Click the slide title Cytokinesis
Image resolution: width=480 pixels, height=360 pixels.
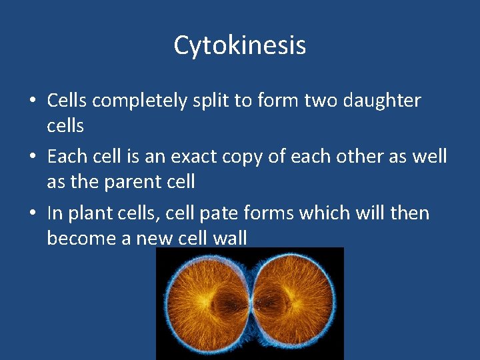(240, 45)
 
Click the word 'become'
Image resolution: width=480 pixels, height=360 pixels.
(83, 237)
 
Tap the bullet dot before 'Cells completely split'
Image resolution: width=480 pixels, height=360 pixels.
(32, 101)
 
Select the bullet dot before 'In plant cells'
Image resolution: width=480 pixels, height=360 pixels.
(32, 214)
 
